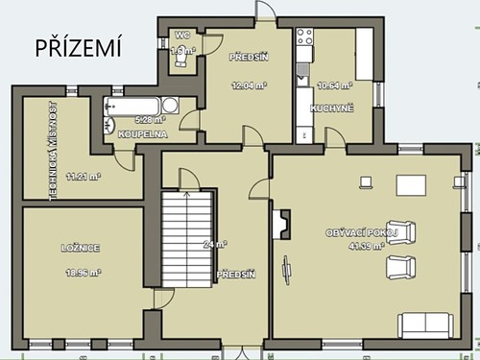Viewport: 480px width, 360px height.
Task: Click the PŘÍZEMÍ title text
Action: point(79,48)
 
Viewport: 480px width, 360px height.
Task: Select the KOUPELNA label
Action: point(143,134)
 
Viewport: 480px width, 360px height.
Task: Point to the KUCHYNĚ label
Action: point(332,108)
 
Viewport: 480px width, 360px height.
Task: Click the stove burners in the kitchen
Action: point(305,39)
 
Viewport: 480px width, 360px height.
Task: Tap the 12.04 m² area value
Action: point(249,84)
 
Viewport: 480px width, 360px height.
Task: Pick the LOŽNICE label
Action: point(78,248)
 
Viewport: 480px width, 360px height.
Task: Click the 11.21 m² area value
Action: point(83,176)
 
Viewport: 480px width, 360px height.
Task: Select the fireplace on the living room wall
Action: point(281,225)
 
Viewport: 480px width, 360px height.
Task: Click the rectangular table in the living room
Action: point(413,184)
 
